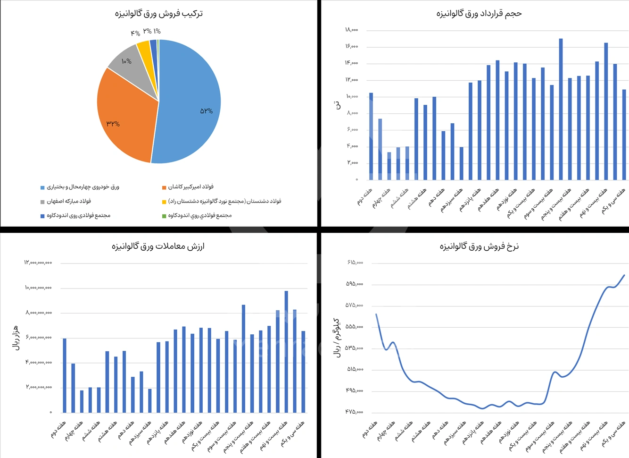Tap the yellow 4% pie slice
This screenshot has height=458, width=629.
pyautogui.click(x=144, y=49)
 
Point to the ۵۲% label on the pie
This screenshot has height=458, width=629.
pyautogui.click(x=207, y=111)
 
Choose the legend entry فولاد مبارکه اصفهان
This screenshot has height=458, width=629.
pyautogui.click(x=69, y=201)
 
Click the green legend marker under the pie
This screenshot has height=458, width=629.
pyautogui.click(x=164, y=216)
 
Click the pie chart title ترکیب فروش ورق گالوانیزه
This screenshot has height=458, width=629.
pyautogui.click(x=159, y=13)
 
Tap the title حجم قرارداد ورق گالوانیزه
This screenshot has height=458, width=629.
pyautogui.click(x=479, y=13)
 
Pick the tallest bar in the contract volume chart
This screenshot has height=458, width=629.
pyautogui.click(x=561, y=109)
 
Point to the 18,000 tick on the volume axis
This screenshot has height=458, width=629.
pyautogui.click(x=352, y=30)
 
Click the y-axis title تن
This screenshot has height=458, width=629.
pyautogui.click(x=337, y=105)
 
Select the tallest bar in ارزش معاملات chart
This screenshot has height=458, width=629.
pyautogui.click(x=286, y=351)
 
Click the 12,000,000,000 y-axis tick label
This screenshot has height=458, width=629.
pyautogui.click(x=38, y=263)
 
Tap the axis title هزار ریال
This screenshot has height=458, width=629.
pyautogui.click(x=16, y=337)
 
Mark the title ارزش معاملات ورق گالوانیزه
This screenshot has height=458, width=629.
pyautogui.click(x=158, y=246)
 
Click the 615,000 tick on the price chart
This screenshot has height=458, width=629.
pyautogui.click(x=355, y=263)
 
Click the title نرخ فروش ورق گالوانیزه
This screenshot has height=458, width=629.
pyautogui.click(x=479, y=246)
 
